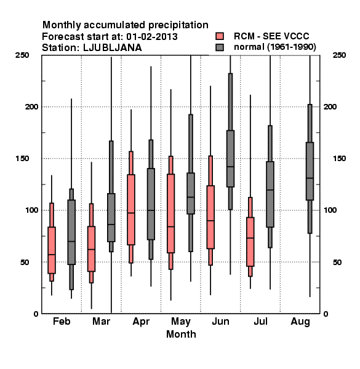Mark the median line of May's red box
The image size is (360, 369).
click(170, 226)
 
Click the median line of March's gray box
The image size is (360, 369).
click(111, 224)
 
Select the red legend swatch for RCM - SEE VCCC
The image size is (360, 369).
click(220, 36)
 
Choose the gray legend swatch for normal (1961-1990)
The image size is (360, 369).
click(220, 47)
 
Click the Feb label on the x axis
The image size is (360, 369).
click(62, 321)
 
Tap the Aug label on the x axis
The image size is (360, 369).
click(300, 322)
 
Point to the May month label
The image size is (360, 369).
click(181, 322)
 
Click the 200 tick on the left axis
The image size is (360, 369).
click(31, 106)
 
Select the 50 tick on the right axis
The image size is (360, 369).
click(337, 262)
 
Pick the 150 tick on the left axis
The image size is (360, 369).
click(22, 159)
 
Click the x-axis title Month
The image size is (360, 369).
click(181, 334)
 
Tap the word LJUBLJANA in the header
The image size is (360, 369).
click(113, 48)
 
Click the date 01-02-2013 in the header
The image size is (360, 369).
click(152, 36)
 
